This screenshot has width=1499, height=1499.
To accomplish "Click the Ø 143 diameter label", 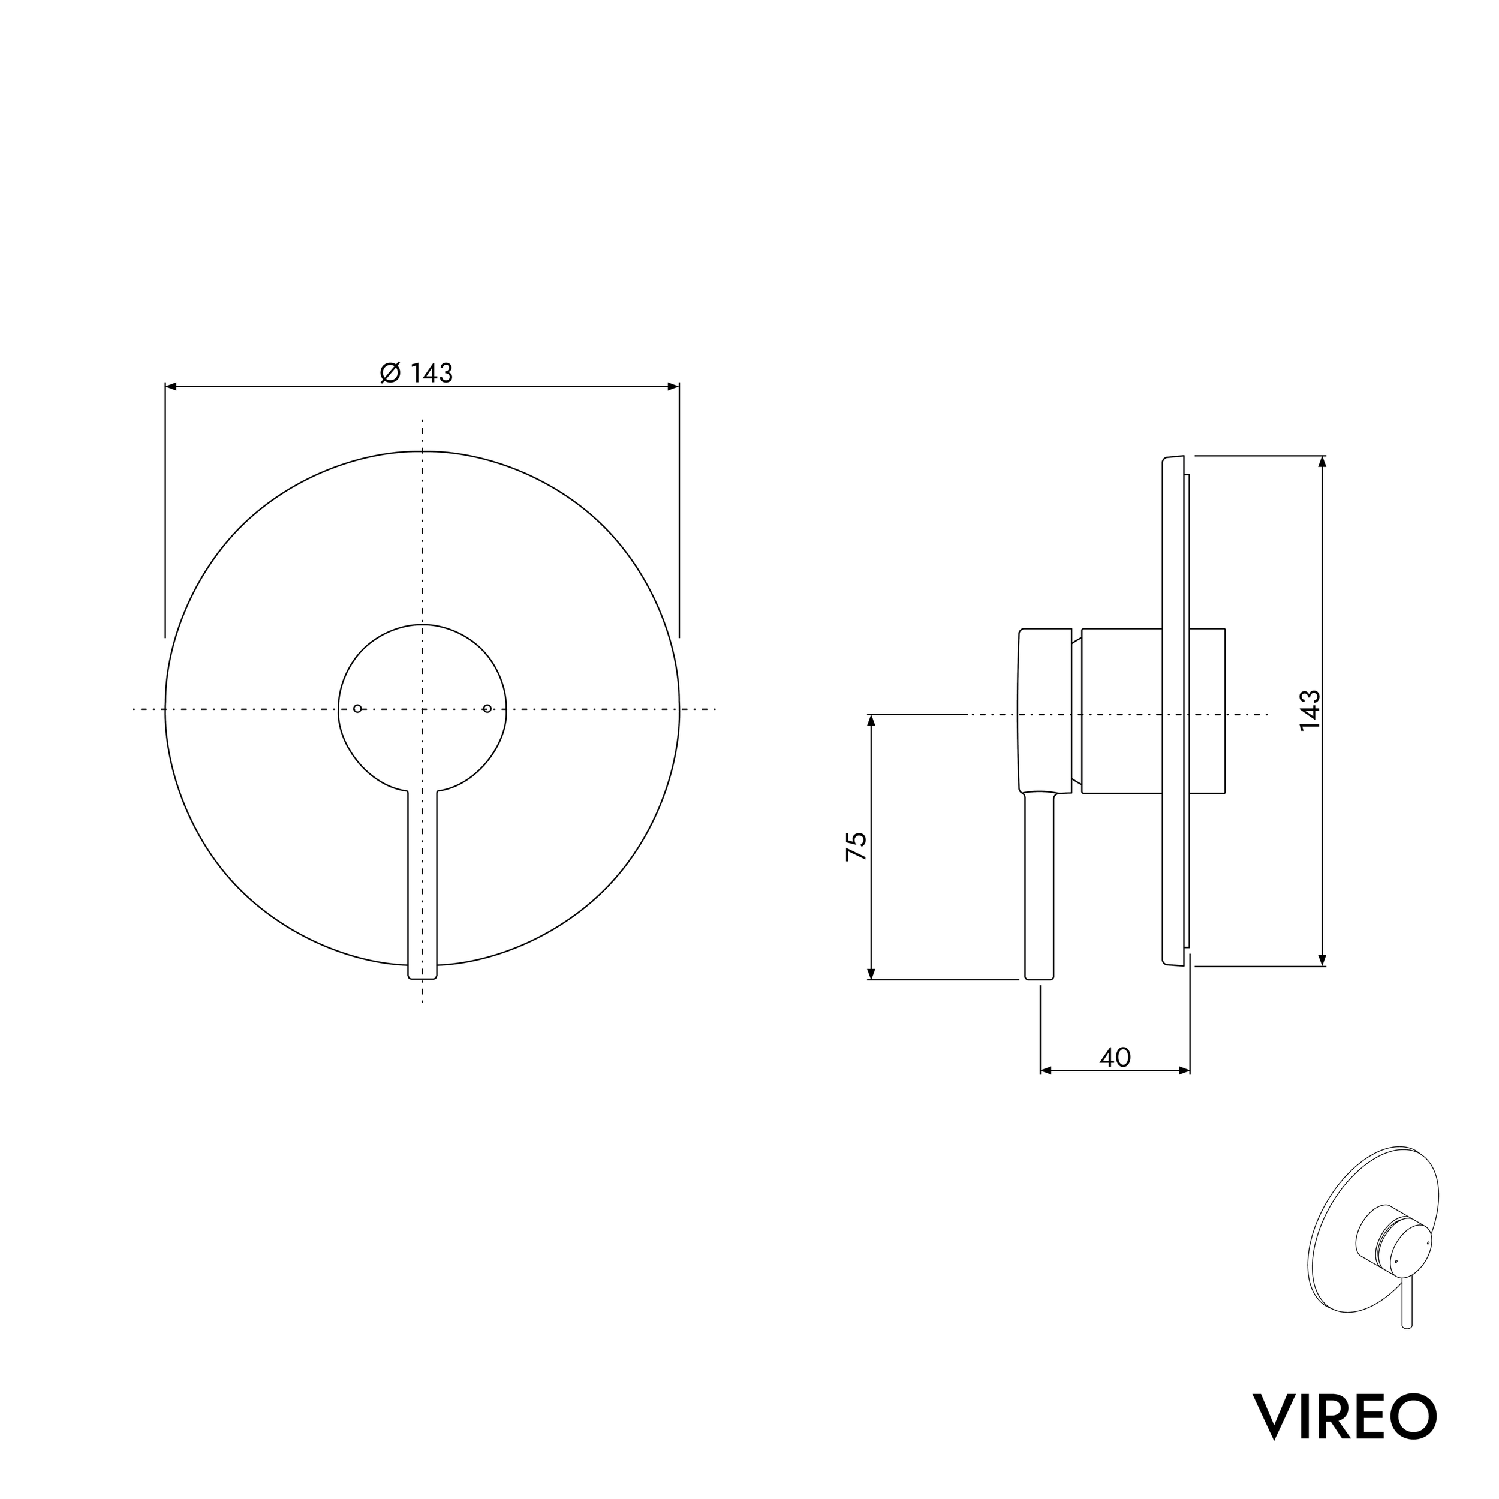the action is click(416, 372).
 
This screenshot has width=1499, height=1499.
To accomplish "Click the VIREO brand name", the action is click(1344, 1417).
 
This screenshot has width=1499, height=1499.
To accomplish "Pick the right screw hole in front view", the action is click(487, 708).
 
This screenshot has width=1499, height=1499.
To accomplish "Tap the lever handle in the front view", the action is click(422, 885).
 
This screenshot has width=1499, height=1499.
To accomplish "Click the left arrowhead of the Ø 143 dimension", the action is click(171, 386).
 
